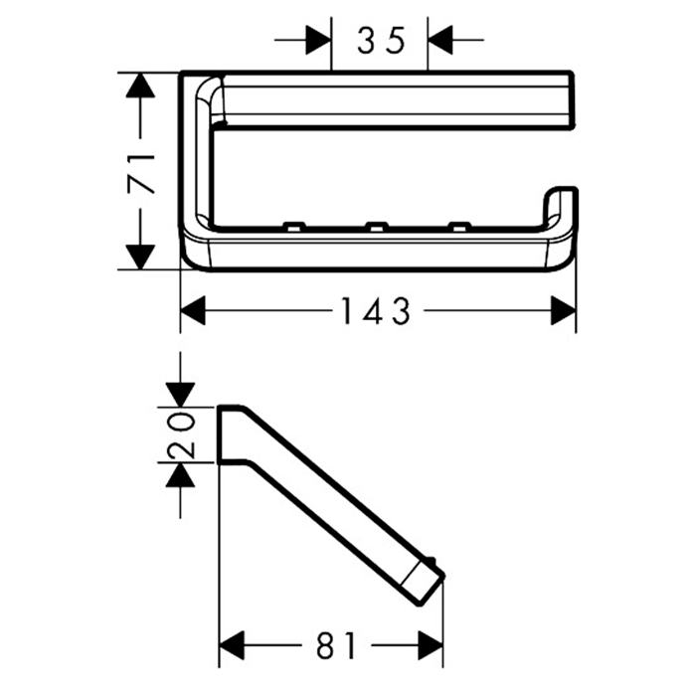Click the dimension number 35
[x=381, y=40]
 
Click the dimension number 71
[x=141, y=174]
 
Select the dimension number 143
[x=376, y=310]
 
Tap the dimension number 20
[x=181, y=435]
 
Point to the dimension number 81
[x=336, y=645]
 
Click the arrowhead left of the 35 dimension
[x=319, y=40]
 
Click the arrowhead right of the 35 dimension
[x=439, y=40]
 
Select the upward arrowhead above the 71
[x=140, y=86]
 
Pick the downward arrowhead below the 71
[x=140, y=257]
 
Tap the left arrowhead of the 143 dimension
[x=193, y=310]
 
